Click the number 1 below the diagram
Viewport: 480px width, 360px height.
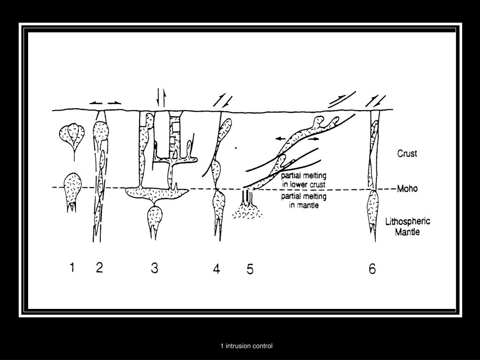72,268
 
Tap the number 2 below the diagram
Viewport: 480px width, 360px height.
99,268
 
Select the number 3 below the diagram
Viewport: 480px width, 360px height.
154,268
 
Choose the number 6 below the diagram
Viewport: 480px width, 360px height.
372,269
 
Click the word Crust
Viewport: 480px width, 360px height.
407,153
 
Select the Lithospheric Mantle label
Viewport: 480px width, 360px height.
407,226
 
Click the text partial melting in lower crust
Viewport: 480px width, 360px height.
303,180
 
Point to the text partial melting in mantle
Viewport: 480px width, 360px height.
303,201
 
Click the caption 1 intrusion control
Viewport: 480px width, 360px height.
247,346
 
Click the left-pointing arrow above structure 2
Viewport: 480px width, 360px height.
95,103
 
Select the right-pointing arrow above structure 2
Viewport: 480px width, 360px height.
114,103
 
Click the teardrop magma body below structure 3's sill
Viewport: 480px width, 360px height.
155,218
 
